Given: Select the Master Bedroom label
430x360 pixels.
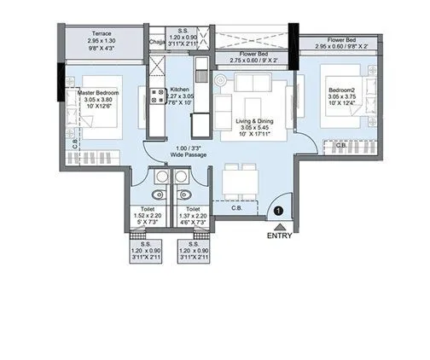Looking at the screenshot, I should tap(96, 91).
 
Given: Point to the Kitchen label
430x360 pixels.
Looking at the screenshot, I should tap(179, 89).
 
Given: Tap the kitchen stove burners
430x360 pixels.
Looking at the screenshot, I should tap(158, 96).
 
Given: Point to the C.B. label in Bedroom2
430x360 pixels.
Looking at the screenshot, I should tap(340, 146).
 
